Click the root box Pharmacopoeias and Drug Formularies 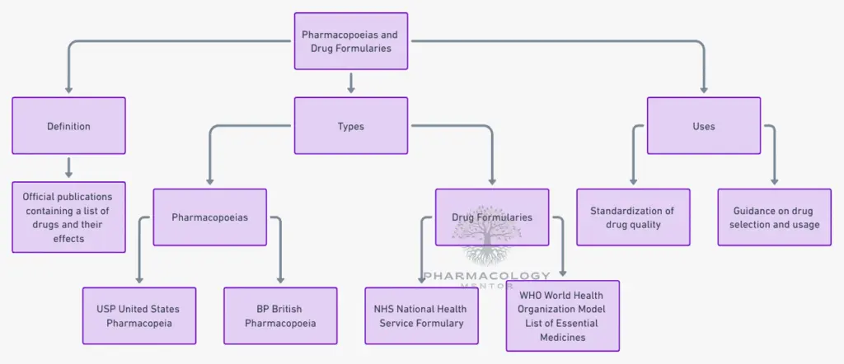tap(350, 41)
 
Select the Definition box tap(68, 126)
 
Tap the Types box tap(350, 126)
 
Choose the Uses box tap(703, 126)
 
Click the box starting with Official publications tap(68, 217)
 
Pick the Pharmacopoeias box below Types tap(209, 217)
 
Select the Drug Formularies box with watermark tap(491, 217)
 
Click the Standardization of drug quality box tap(632, 217)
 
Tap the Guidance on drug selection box tap(774, 217)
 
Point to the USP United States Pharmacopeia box tap(139, 315)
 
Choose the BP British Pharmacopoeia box tap(280, 315)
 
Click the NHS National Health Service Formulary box tap(421, 315)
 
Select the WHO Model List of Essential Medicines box tap(562, 315)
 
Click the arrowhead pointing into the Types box tap(351, 89)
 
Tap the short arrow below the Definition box tap(69, 168)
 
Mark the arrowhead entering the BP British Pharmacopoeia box tap(280, 279)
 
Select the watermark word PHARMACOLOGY tap(486, 276)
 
